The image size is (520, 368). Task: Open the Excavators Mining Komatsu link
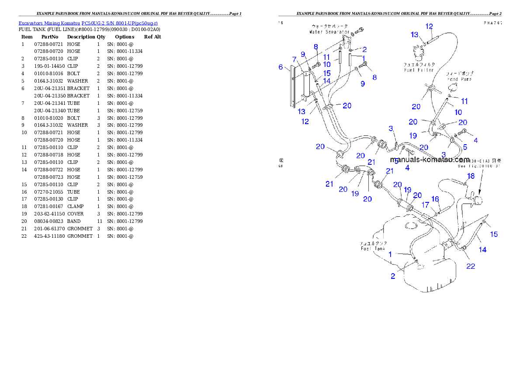[x=88, y=23]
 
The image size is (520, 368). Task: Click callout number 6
[x=281, y=67]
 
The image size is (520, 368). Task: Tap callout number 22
[x=470, y=266]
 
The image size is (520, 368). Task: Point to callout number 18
[x=470, y=176]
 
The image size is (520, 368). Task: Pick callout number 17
[x=425, y=204]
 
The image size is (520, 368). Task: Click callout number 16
[x=435, y=199]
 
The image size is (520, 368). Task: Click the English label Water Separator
[x=329, y=32]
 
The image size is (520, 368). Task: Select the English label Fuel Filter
[x=419, y=70]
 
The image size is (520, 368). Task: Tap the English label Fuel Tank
[x=372, y=248]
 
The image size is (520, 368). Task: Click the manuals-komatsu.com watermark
[x=430, y=160]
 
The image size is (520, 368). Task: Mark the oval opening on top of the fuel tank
[x=411, y=226]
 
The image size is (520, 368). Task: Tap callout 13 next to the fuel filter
[x=414, y=35]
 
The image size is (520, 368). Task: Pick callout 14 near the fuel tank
[x=482, y=250]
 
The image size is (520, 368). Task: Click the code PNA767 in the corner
[x=492, y=23]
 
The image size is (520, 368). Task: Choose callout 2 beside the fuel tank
[x=393, y=276]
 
